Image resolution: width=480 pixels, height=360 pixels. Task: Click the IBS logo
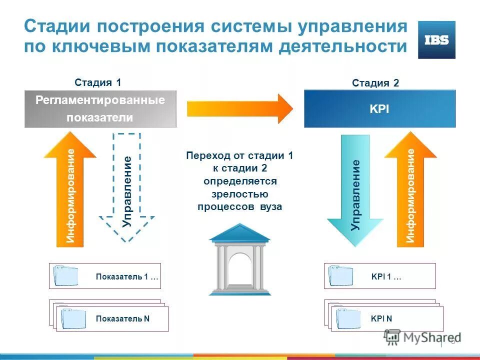point(436,40)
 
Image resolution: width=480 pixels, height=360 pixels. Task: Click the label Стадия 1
point(98,83)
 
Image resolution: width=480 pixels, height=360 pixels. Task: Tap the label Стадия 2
point(375,83)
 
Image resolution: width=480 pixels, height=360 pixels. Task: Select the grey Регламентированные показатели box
point(100,108)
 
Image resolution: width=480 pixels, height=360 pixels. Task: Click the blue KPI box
point(380,108)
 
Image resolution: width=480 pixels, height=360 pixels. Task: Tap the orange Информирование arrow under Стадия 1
point(70,192)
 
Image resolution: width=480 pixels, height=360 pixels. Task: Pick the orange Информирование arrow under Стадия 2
point(410,192)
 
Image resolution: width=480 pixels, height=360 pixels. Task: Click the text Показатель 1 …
point(127,276)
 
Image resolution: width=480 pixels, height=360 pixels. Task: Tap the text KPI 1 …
point(386,276)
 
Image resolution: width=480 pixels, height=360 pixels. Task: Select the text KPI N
point(381,318)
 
